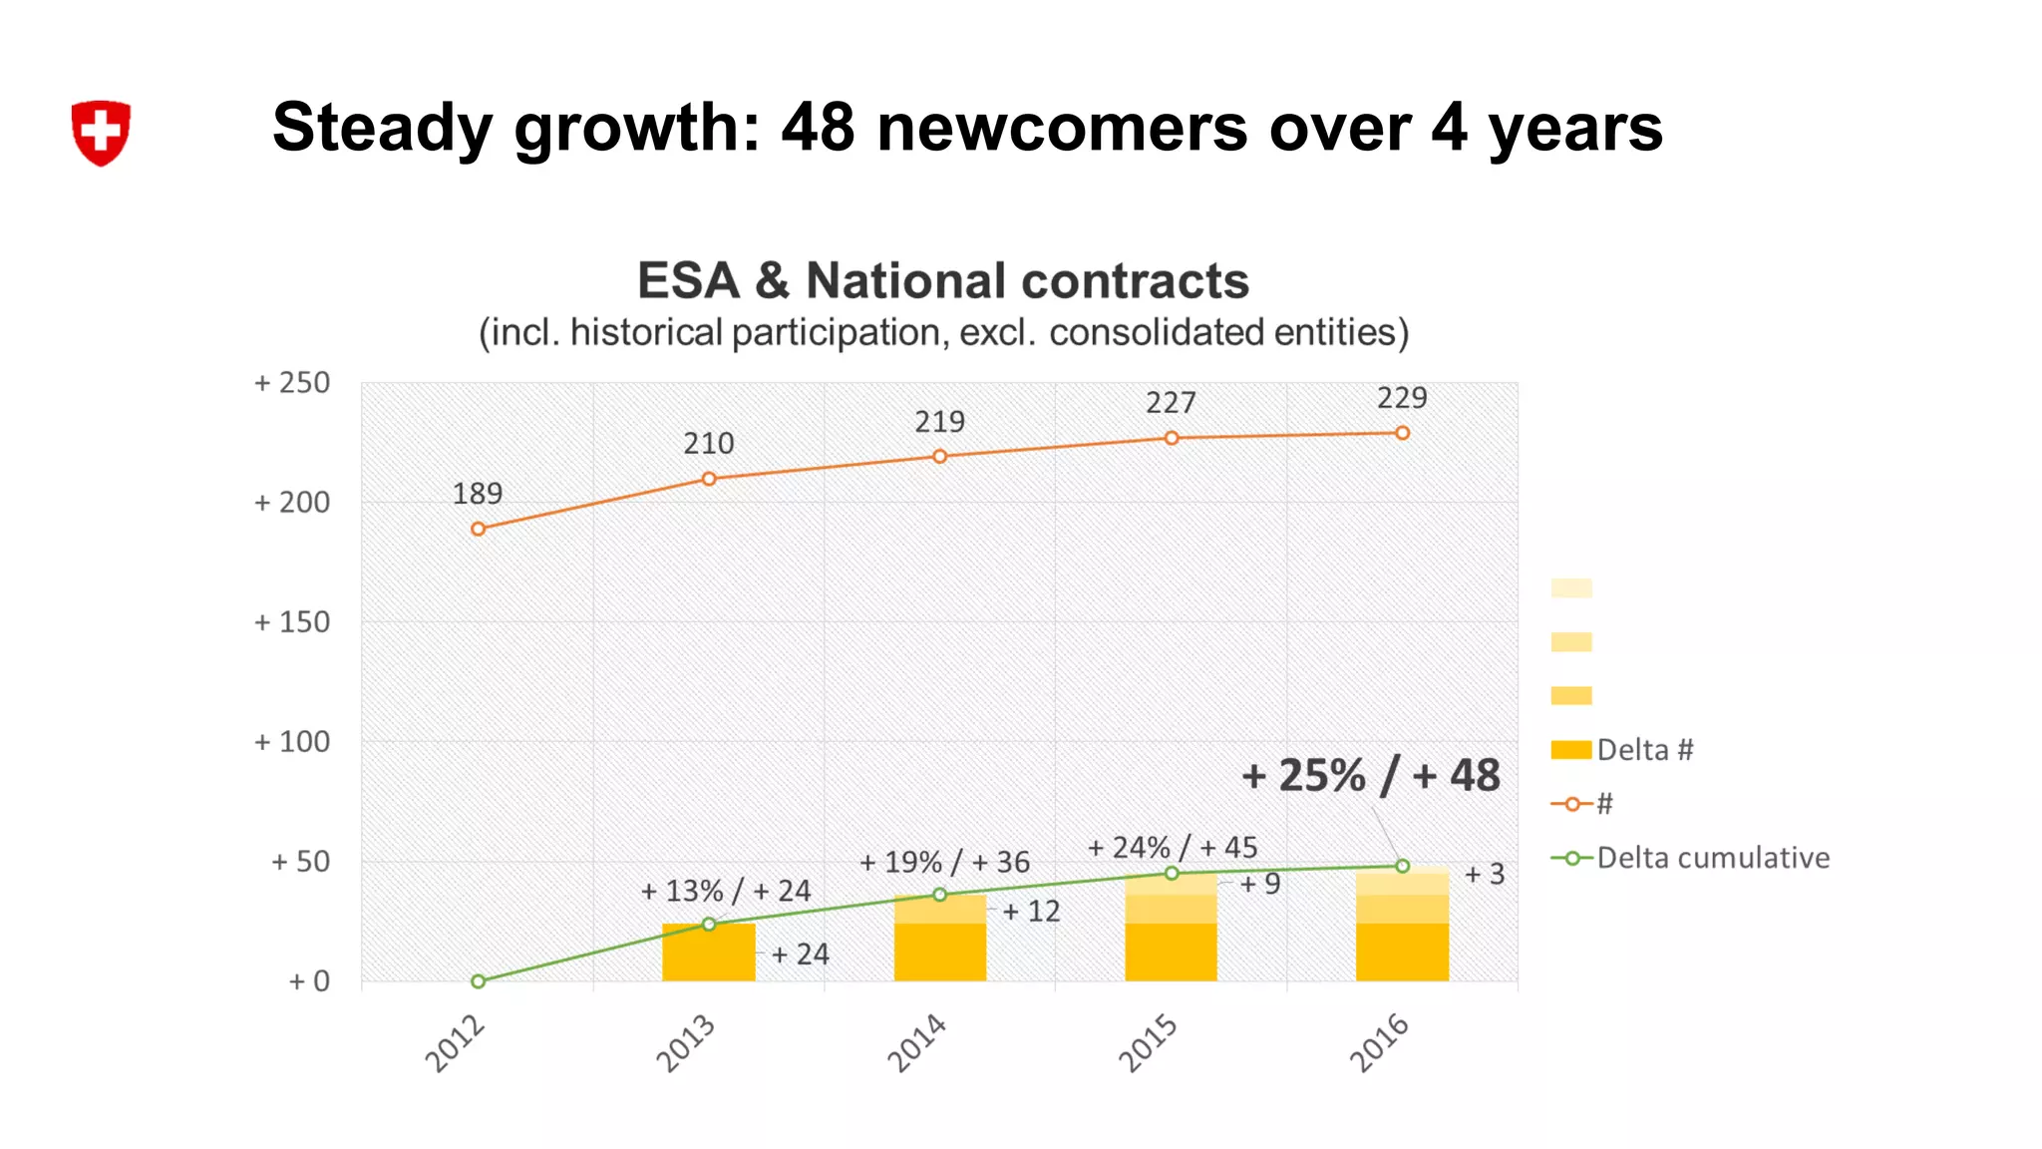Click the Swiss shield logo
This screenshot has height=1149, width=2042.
tap(101, 132)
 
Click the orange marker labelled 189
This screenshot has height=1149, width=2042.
tap(478, 529)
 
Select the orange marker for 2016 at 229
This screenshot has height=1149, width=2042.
tap(1402, 433)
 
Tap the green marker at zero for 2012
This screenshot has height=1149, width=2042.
tap(478, 981)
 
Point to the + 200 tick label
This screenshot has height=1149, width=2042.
tap(291, 503)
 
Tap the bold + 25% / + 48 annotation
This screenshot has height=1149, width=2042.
tap(1370, 776)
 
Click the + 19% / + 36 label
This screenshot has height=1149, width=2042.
tap(944, 862)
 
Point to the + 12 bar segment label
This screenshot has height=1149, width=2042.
tap(1031, 911)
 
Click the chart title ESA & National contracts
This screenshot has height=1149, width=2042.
tap(942, 280)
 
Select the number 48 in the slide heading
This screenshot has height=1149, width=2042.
tap(818, 128)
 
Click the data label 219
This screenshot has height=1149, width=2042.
tap(939, 422)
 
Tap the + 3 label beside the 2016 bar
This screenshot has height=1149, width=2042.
tap(1484, 875)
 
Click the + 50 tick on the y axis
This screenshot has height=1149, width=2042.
tap(299, 862)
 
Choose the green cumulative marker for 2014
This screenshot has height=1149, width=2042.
tap(939, 895)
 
